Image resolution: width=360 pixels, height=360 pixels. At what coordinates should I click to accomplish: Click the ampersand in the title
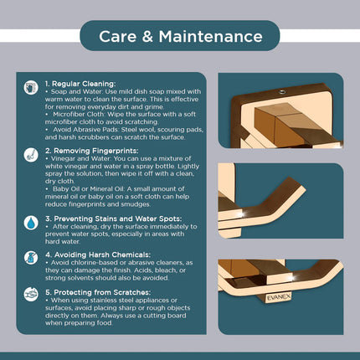[x=147, y=37]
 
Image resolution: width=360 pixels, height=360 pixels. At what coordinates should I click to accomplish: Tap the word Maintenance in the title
[x=211, y=37]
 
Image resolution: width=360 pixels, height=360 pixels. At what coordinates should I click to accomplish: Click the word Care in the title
[x=117, y=37]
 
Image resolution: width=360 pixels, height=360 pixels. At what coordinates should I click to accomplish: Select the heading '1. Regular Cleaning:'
[x=80, y=84]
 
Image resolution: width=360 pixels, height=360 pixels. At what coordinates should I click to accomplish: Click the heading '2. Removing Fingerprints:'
[x=91, y=151]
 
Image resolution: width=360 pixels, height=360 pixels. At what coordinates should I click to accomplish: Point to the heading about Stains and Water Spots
[x=113, y=219]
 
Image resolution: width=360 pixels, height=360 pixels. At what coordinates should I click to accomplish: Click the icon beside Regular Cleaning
[x=31, y=88]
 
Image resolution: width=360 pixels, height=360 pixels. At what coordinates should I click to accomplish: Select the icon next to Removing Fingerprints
[x=31, y=155]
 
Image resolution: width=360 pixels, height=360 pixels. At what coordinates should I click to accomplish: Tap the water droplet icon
[x=31, y=223]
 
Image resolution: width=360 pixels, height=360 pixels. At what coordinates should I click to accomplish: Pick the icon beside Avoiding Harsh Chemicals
[x=31, y=257]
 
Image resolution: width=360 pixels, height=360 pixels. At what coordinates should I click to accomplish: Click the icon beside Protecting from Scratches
[x=31, y=295]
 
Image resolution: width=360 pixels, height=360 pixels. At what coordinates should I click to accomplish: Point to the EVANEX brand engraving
[x=279, y=297]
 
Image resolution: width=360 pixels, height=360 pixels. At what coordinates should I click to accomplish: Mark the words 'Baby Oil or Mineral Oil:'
[x=89, y=189]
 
